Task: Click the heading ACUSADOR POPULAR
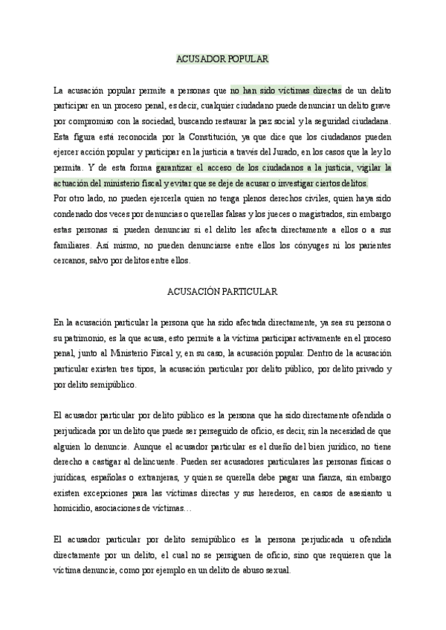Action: click(x=222, y=58)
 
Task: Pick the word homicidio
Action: click(x=75, y=510)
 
